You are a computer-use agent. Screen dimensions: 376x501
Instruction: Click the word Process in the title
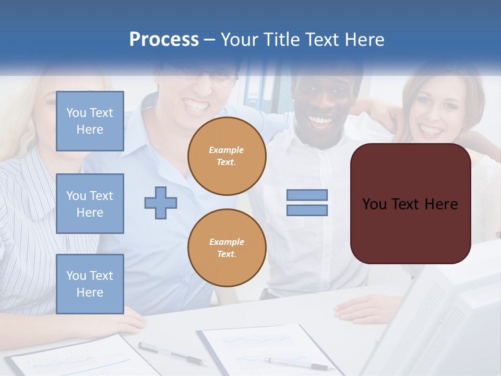(x=164, y=40)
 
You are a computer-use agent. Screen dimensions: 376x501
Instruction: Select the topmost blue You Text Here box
(x=90, y=121)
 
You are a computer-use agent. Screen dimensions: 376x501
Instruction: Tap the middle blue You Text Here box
(x=90, y=204)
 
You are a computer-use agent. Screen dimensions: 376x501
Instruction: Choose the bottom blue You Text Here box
(x=90, y=284)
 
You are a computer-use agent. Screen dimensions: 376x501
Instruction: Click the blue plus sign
(x=161, y=203)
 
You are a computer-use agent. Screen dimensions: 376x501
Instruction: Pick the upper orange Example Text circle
(x=227, y=156)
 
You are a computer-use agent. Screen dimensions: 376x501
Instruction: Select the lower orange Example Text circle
(x=227, y=248)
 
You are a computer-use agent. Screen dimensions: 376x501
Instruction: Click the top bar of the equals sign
(x=307, y=195)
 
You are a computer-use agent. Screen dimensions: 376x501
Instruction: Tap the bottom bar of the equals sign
(x=307, y=210)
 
